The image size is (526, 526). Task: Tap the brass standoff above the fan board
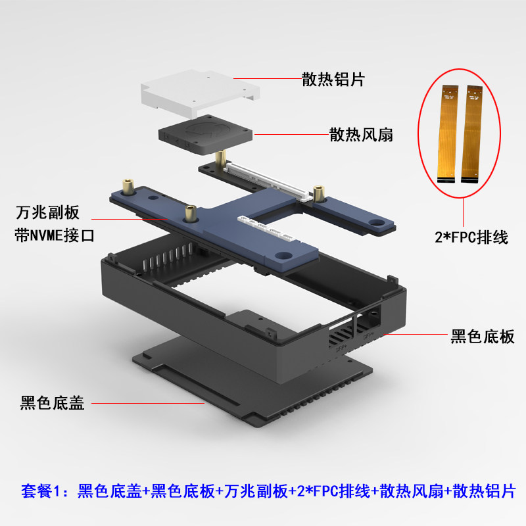[222, 158]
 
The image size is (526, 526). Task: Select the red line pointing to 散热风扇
[289, 135]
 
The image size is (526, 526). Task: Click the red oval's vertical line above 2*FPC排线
[464, 209]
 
